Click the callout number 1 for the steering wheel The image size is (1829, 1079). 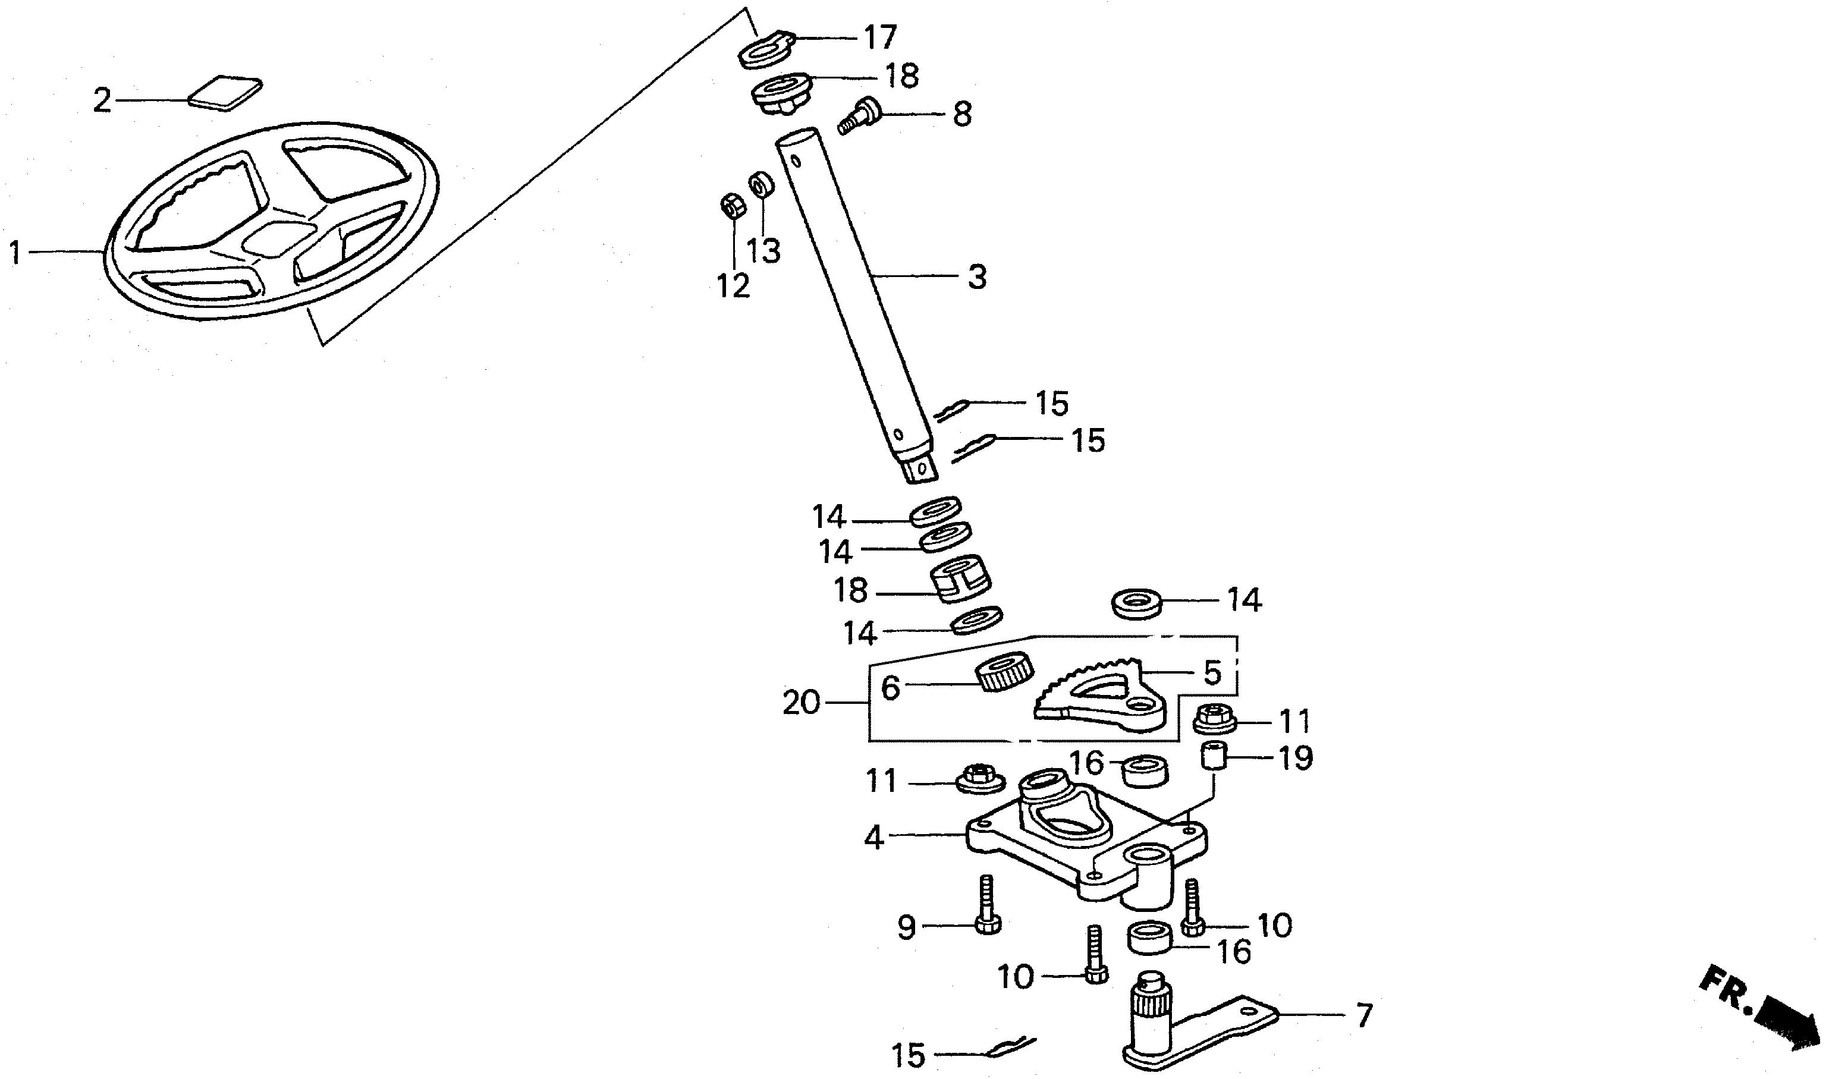click(x=14, y=254)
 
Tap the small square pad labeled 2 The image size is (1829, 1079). click(x=225, y=92)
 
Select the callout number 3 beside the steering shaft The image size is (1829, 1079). click(x=977, y=278)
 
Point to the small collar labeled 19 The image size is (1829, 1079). click(x=1212, y=759)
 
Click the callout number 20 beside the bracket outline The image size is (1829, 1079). click(x=801, y=703)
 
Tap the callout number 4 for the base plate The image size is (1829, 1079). click(x=873, y=838)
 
